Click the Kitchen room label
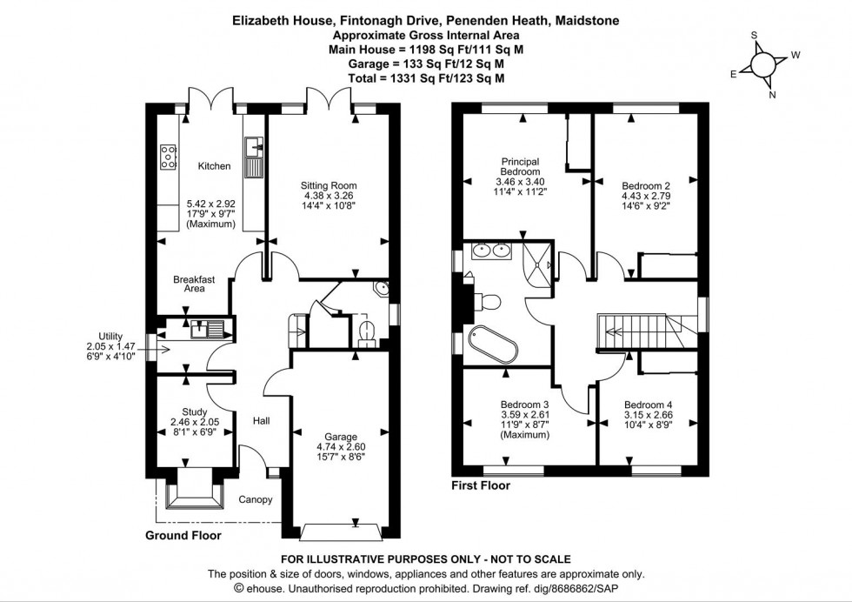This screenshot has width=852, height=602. pyautogui.click(x=214, y=166)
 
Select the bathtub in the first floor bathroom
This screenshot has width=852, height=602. pyautogui.click(x=493, y=345)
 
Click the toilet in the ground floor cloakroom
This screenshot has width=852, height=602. pyautogui.click(x=366, y=331)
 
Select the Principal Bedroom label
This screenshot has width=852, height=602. pyautogui.click(x=520, y=167)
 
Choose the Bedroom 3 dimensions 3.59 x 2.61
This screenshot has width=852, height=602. pyautogui.click(x=520, y=415)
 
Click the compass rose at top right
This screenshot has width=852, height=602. pyautogui.click(x=762, y=65)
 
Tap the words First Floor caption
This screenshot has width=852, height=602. pyautogui.click(x=481, y=485)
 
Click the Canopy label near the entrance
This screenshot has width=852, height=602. pyautogui.click(x=256, y=499)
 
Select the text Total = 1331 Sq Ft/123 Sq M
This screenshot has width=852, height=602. pyautogui.click(x=426, y=78)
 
